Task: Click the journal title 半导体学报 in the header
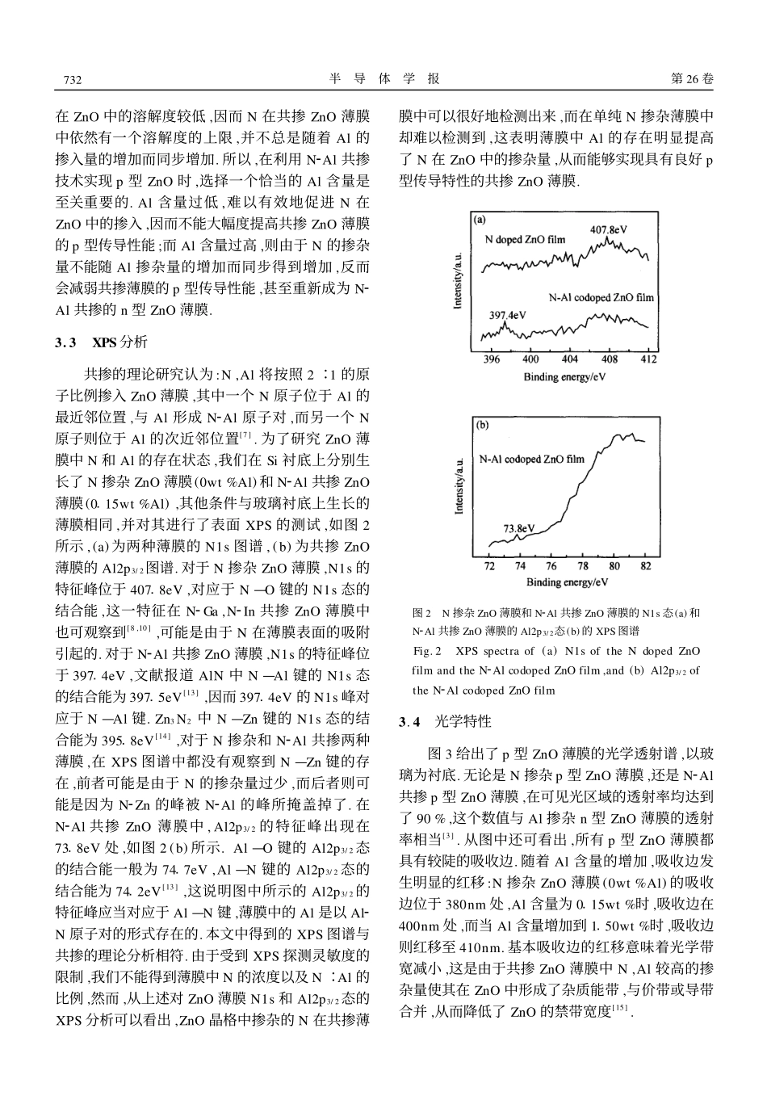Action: point(385,78)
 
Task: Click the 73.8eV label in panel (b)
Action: point(518,529)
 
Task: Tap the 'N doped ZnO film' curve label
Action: point(525,240)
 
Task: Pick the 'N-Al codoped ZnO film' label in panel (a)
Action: point(601,298)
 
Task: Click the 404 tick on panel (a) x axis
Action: point(570,359)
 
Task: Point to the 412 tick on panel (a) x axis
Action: point(648,359)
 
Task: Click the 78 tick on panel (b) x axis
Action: point(584,566)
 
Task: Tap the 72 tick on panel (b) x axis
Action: point(489,566)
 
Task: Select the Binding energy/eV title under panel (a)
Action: point(564,376)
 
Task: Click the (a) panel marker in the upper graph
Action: point(480,219)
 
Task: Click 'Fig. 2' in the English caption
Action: point(427,651)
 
